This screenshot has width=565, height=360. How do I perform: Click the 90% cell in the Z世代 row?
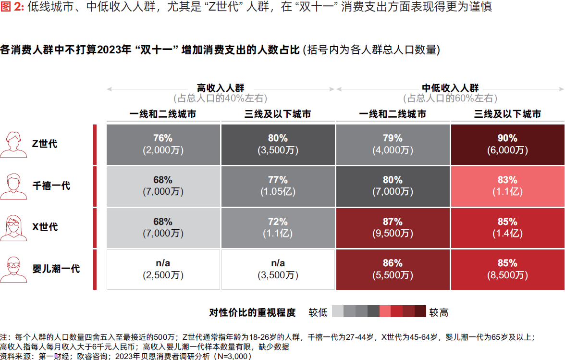507,144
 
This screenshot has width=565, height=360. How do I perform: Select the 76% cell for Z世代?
163,144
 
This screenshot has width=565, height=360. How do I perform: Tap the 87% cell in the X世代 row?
393,227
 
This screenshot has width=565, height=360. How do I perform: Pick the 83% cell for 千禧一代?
507,186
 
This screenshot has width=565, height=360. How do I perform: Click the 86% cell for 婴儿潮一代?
393,269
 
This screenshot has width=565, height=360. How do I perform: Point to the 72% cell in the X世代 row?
278,227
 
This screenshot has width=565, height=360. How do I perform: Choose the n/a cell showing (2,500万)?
163,269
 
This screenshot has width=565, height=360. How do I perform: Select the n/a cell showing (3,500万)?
278,269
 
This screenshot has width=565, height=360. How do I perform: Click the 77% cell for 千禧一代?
278,186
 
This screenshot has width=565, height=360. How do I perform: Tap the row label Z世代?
45,144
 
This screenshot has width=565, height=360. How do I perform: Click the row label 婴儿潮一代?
56,269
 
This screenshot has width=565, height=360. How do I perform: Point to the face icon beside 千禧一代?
13,186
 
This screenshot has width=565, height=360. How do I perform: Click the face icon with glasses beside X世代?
13,227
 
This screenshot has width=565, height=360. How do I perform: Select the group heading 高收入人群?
221,88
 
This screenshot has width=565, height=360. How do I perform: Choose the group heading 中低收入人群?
450,88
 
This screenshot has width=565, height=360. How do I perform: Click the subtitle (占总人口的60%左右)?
450,99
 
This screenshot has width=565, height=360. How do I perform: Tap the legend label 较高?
439,312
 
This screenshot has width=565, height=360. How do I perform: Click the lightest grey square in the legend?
338,312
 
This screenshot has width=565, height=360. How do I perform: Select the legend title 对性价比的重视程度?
252,312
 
